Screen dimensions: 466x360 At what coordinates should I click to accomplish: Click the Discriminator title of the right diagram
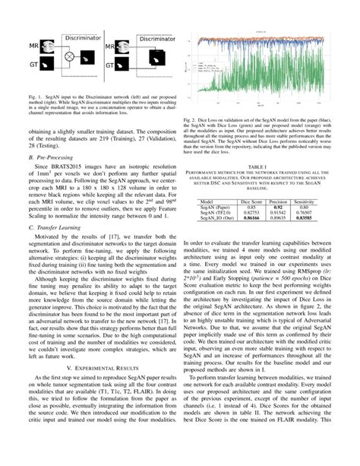tap(144, 36)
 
